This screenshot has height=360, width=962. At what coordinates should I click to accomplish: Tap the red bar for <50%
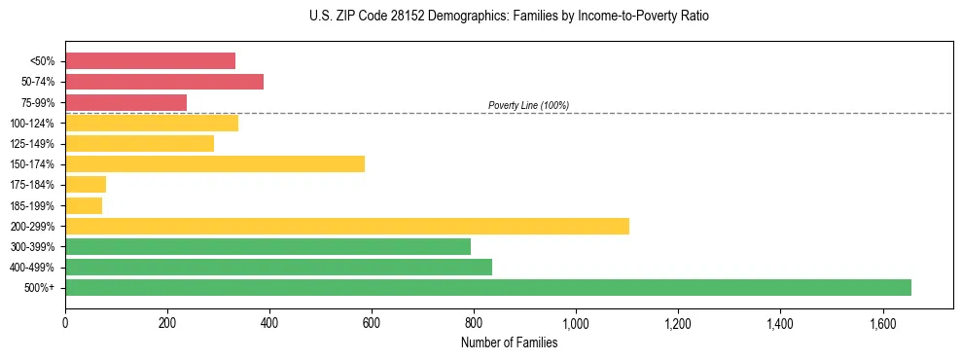pos(150,60)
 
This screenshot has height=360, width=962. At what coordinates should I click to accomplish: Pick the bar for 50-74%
pos(164,82)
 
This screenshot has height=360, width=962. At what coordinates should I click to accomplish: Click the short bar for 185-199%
pos(84,205)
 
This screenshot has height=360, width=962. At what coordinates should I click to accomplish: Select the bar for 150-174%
pos(215,163)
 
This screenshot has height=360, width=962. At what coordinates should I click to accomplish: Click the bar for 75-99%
pos(125,102)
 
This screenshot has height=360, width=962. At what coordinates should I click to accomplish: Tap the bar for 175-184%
pos(86,184)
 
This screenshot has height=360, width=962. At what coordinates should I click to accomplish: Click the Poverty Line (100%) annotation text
pos(528,105)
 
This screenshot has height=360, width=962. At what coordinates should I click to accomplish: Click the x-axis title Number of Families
pos(509,342)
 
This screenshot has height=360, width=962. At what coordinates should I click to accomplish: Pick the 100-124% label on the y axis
pos(32,124)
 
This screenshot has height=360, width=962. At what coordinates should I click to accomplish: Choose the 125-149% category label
pos(32,144)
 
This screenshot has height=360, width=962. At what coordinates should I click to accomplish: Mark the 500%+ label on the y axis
pos(39,288)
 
